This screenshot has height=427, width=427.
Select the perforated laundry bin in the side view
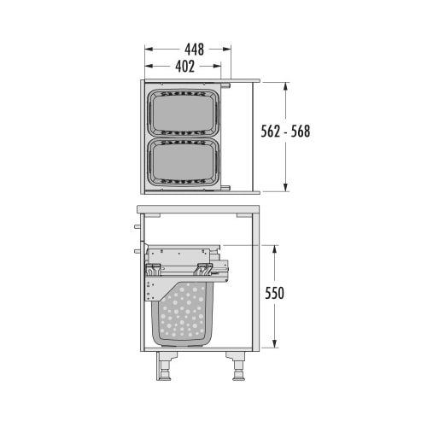pos(182,314)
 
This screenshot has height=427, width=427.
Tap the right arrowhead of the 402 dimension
pos(220,66)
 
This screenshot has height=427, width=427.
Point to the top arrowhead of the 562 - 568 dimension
pos(285,85)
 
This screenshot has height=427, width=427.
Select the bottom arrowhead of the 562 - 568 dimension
pos(285,189)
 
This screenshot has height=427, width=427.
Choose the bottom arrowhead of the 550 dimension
pos(275,345)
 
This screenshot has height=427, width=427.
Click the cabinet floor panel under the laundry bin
pos(198,350)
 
